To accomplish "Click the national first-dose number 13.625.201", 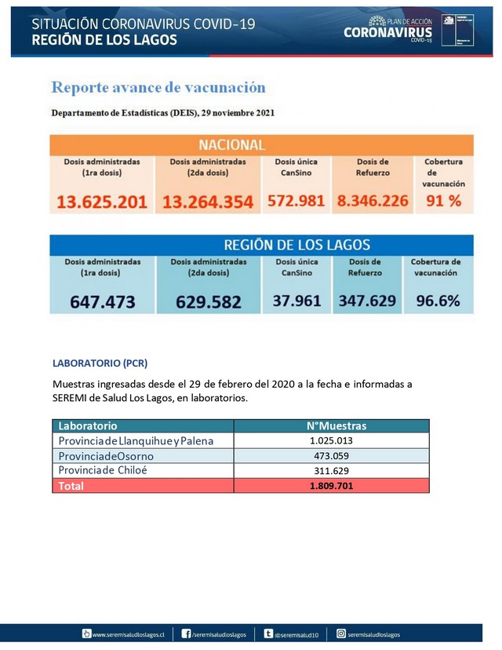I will [x=102, y=201].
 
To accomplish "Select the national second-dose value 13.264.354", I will [x=208, y=201].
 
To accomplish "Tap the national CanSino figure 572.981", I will [x=296, y=200].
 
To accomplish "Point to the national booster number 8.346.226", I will [x=372, y=200].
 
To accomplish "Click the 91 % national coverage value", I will [x=443, y=200].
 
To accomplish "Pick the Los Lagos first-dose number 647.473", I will [x=102, y=301].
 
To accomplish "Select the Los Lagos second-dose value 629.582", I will [x=208, y=301].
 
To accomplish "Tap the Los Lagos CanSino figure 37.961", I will [x=297, y=300].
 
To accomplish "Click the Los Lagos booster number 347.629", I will [x=367, y=300].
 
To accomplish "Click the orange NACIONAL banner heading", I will [x=231, y=144].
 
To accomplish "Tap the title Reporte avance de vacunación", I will [x=158, y=87].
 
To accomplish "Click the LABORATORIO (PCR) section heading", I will [x=100, y=363].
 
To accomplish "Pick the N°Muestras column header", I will [x=336, y=425].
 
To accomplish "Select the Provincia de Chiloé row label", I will [x=103, y=470].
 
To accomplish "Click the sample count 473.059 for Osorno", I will [x=336, y=455].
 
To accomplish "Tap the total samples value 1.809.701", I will [x=336, y=485].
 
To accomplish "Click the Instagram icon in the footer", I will [x=341, y=634].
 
